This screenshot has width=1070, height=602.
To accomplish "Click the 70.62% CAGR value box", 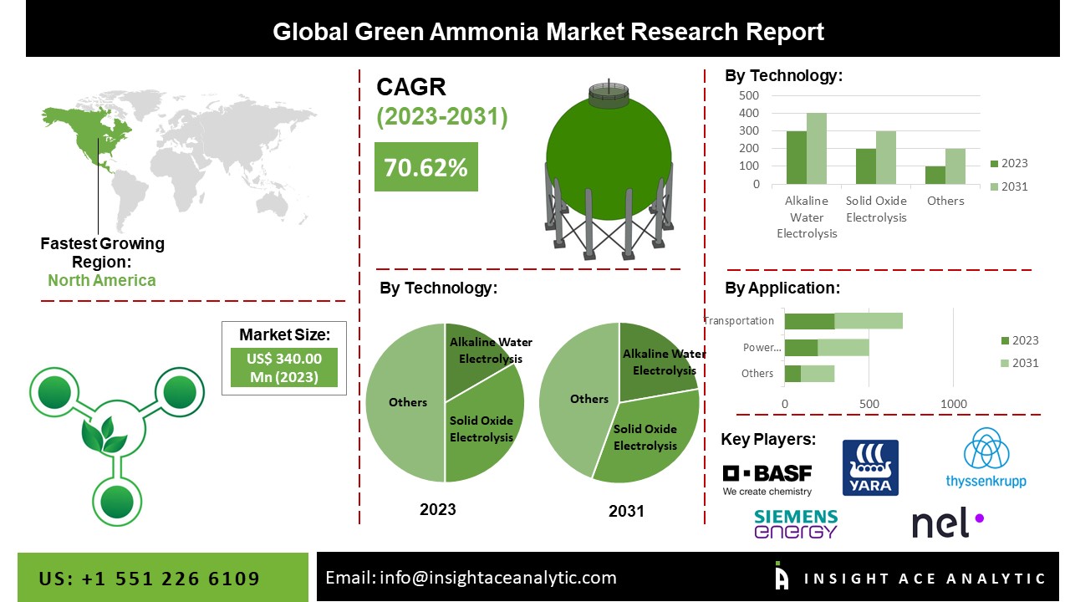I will [x=425, y=167].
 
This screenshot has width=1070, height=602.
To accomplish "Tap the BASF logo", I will [x=767, y=478].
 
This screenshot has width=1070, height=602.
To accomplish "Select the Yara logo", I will [x=870, y=467].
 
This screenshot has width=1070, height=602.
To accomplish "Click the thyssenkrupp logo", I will [x=986, y=459].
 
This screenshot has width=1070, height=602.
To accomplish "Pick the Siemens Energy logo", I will [x=795, y=523].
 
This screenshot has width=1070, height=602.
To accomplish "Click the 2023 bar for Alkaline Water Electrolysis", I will [x=796, y=157].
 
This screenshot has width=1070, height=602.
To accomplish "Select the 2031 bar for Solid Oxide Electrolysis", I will [x=885, y=157].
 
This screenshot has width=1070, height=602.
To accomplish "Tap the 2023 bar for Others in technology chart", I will [x=935, y=175].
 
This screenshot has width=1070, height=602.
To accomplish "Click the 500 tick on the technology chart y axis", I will [x=749, y=95].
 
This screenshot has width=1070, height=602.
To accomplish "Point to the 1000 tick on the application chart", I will [x=954, y=404].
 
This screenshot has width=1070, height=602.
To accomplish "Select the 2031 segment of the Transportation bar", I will [x=869, y=320].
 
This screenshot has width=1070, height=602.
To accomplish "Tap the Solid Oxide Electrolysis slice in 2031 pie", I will [x=648, y=437].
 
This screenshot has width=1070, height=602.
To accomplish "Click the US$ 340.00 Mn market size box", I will [x=283, y=367].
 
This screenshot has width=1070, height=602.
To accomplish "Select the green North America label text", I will [x=101, y=280].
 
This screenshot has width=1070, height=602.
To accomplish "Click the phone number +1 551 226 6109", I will [x=150, y=579].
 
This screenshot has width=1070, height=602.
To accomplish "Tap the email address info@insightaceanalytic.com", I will [x=471, y=577].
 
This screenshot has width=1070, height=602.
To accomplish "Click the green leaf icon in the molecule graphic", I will [x=103, y=436].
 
